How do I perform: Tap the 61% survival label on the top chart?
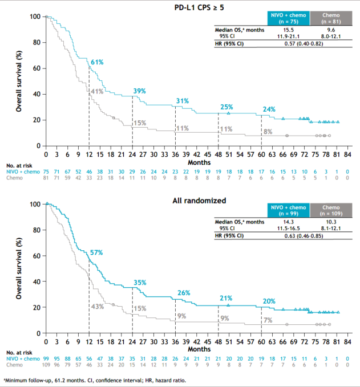98,62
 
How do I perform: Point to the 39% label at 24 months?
140,91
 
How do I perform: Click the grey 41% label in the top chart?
96,92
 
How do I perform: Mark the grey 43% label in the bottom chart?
98,306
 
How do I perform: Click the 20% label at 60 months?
269,301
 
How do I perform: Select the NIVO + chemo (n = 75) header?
288,18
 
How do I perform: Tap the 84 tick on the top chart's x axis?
347,154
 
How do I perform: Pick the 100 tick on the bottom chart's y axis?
34,204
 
